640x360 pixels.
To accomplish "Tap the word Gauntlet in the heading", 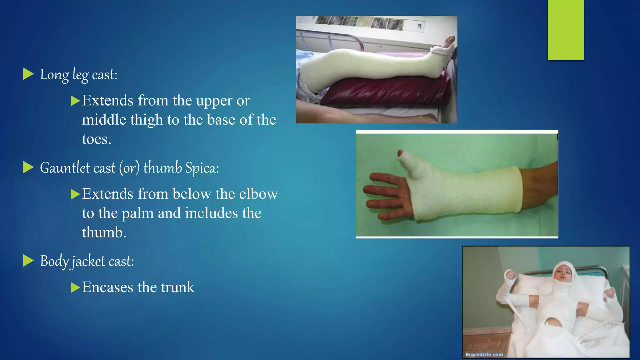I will pyautogui.click(x=64, y=168).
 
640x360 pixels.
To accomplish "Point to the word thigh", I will pyautogui.click(x=146, y=120).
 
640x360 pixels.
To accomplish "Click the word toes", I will pyautogui.click(x=96, y=139).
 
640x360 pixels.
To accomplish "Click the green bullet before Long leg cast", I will pyautogui.click(x=28, y=74).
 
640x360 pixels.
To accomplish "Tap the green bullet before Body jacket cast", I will pyautogui.click(x=28, y=261).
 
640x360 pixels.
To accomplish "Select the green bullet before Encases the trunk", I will pyautogui.click(x=75, y=287).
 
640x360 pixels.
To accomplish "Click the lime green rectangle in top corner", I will pyautogui.click(x=566, y=30).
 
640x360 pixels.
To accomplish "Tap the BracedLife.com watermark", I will pyautogui.click(x=484, y=354).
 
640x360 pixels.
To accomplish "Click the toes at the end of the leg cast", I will pyautogui.click(x=450, y=40).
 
